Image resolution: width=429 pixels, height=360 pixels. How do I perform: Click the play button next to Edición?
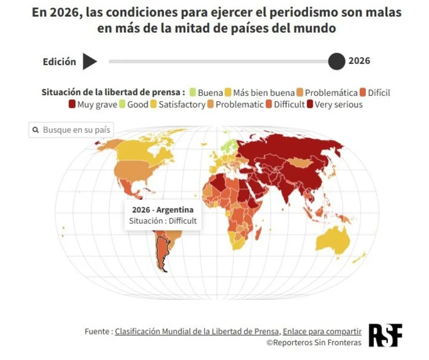pos(89,61)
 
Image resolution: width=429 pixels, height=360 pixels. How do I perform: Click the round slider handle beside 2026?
pos(337,61)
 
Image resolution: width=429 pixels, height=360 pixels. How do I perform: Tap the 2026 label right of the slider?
pos(359,61)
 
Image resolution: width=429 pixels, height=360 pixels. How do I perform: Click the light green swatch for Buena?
pos(193,92)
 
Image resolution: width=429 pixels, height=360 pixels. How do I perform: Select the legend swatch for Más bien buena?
pos(228,92)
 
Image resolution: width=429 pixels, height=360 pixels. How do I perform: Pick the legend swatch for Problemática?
pos(300,92)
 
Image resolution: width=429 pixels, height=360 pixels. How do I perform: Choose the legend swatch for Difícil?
pos(363,92)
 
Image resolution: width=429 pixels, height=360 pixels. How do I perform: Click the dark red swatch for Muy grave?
pos(72,104)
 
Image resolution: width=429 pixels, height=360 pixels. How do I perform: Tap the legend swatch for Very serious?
pos(310,104)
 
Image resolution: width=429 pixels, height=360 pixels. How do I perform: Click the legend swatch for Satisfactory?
pos(154,104)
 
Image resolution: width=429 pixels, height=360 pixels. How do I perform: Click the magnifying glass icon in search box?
pos(36,130)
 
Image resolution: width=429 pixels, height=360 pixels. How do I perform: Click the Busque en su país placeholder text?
pos(77,130)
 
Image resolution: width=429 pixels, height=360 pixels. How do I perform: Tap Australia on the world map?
pos(332,240)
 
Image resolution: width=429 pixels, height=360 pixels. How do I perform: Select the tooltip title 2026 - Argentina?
pos(163,210)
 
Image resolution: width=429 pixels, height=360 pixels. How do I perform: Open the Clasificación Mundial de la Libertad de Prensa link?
pos(197,331)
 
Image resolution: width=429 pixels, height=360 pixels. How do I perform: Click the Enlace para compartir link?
pos(322,331)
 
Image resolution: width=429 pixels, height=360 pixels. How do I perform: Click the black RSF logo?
pos(386,336)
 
